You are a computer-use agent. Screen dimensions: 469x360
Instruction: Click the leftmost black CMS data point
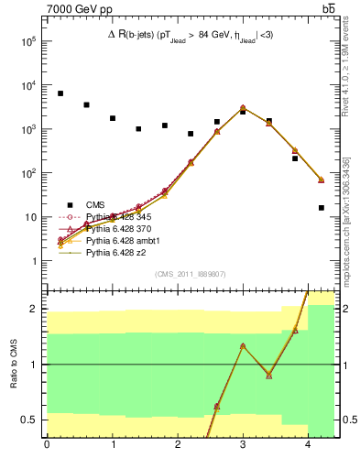tap(60, 93)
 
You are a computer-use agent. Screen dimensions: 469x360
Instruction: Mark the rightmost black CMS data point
tap(321, 208)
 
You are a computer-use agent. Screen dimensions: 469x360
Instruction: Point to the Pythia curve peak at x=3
tap(243, 108)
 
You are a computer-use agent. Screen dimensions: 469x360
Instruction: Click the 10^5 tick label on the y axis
tap(28, 41)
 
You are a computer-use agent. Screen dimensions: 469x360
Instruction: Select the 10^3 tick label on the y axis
tap(28, 129)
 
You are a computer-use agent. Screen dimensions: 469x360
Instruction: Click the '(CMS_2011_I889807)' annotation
tap(191, 274)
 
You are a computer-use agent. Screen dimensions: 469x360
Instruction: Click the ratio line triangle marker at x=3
tap(243, 345)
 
